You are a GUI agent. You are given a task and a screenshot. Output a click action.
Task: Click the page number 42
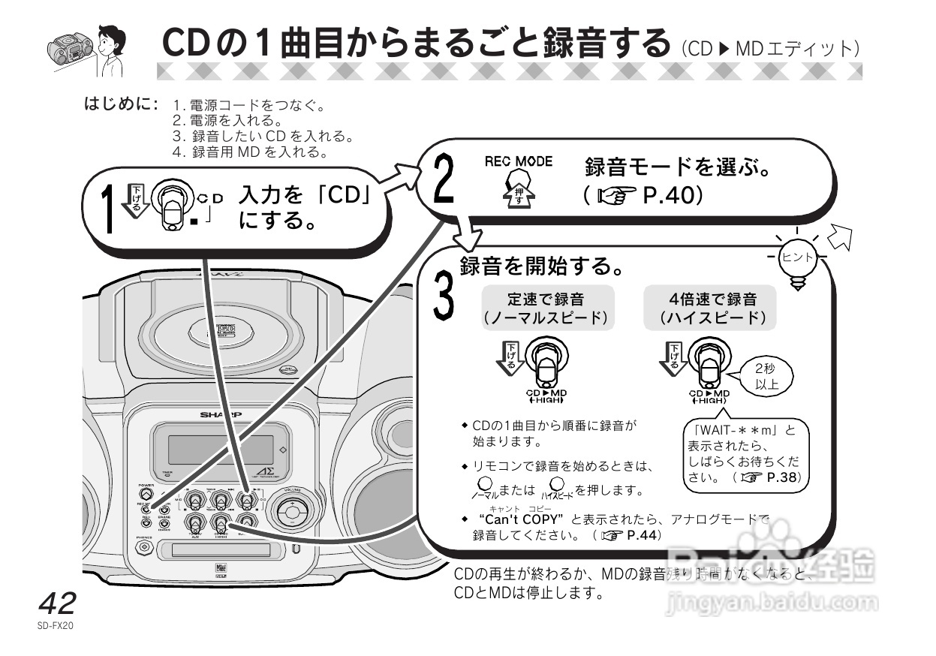[x=57, y=603]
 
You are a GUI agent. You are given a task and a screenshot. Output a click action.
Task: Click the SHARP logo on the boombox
[x=215, y=414]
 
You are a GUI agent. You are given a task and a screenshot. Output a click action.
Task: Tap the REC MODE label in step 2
[x=518, y=161]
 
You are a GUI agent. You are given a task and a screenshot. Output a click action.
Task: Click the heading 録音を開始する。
[x=539, y=266]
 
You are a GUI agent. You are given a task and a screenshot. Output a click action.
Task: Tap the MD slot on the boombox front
[x=219, y=550]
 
